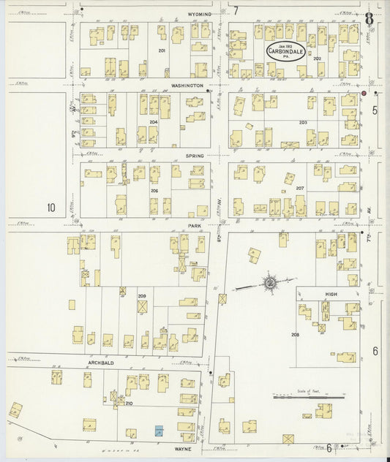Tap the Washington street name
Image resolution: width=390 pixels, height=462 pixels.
coord(187,86)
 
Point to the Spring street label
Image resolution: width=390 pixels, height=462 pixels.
coord(194,156)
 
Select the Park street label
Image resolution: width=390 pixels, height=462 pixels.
coord(194,227)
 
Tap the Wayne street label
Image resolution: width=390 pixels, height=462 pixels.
coord(183,449)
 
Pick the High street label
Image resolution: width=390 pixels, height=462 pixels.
coord(330,294)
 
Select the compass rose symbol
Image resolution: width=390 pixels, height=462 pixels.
coord(271,282)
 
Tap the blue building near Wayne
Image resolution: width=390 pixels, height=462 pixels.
coord(159,432)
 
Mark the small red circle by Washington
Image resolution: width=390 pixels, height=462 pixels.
coord(363,94)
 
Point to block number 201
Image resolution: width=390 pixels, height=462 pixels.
coord(162,51)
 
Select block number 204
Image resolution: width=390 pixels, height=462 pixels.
coord(154,122)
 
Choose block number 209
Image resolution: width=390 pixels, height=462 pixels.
coord(141,296)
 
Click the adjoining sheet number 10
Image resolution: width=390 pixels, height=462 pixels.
coord(50,208)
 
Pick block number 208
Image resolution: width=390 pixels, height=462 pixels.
coord(295,335)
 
